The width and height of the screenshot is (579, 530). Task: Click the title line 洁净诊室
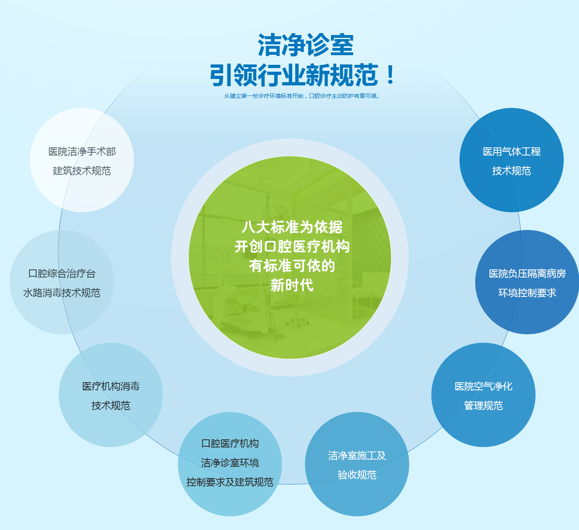(x=306, y=45)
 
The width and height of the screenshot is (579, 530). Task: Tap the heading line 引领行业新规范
(x=294, y=75)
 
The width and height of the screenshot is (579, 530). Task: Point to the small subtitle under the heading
(x=302, y=96)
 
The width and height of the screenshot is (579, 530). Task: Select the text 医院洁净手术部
(x=82, y=152)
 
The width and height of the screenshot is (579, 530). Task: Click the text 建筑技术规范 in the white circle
(x=82, y=171)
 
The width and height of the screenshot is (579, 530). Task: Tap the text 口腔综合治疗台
(x=62, y=274)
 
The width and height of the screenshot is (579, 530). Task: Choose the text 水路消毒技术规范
(x=62, y=293)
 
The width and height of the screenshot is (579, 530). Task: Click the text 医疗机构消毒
(x=111, y=386)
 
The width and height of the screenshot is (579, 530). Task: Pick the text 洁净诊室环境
(x=230, y=463)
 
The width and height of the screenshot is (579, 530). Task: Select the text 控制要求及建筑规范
(x=230, y=482)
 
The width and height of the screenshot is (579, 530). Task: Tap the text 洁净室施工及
(x=357, y=456)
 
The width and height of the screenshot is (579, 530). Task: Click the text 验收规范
(x=357, y=475)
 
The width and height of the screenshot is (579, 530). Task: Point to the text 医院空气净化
(x=484, y=386)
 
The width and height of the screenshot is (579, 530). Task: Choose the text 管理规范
(x=484, y=406)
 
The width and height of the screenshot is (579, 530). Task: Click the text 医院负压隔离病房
(x=527, y=274)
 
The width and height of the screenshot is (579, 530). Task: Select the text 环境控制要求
(x=527, y=293)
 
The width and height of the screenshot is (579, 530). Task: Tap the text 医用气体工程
(x=512, y=152)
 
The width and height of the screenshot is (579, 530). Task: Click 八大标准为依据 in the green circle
(x=292, y=227)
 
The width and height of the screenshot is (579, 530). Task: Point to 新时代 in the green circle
(x=292, y=285)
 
